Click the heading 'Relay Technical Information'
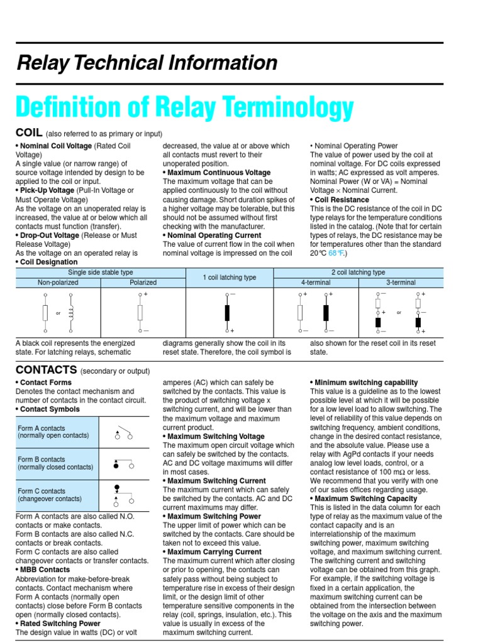(x=147, y=63)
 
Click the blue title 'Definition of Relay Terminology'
(x=185, y=107)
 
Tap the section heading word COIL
(x=29, y=132)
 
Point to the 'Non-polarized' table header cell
(x=58, y=283)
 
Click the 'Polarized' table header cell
(x=143, y=283)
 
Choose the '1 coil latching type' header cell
(x=230, y=278)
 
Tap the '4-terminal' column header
(x=316, y=283)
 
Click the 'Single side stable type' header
(x=101, y=273)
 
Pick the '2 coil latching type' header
(x=358, y=273)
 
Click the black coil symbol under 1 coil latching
(x=227, y=312)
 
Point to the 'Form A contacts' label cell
(x=57, y=431)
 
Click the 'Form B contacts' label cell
(x=57, y=463)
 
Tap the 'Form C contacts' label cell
(x=57, y=495)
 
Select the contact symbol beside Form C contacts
(x=123, y=495)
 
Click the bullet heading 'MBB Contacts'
(x=45, y=570)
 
